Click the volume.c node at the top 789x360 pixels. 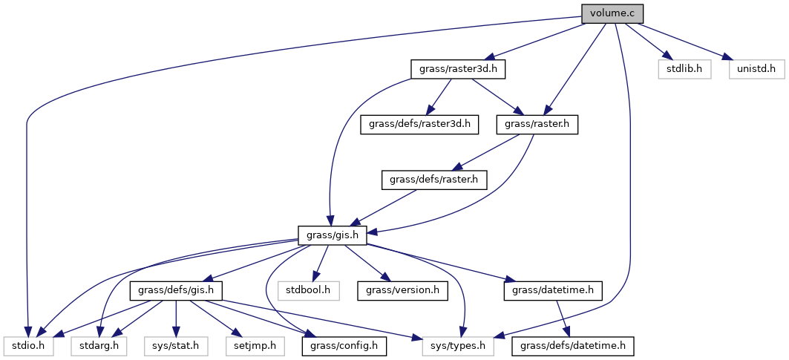point(612,13)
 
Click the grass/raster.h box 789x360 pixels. point(537,124)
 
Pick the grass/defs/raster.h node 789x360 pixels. point(434,179)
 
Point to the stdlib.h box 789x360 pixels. point(684,69)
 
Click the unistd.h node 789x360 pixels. point(756,69)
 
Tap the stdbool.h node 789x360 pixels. point(309,289)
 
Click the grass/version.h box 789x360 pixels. point(403,289)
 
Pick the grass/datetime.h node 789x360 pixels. point(552,289)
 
